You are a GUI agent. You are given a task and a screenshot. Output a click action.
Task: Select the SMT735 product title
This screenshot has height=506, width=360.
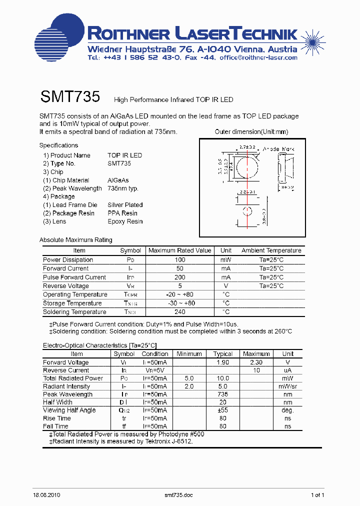[x=70, y=96]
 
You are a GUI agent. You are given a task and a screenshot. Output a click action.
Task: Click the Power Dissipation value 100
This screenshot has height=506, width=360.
[x=180, y=260]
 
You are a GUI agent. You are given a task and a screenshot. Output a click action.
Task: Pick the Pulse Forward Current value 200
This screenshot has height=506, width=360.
[x=180, y=277]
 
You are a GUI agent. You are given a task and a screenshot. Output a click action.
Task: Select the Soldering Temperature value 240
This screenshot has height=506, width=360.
[x=180, y=312]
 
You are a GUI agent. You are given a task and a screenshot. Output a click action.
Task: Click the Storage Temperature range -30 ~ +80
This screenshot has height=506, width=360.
[x=180, y=303]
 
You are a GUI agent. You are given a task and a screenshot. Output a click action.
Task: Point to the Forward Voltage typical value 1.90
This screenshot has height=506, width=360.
[x=223, y=362]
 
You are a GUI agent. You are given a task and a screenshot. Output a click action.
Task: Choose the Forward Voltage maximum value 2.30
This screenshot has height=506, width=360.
[x=256, y=362]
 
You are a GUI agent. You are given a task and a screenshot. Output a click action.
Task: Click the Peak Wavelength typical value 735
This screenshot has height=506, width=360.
[x=223, y=394]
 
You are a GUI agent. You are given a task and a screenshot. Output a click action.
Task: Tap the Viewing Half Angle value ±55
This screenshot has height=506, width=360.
[x=223, y=410]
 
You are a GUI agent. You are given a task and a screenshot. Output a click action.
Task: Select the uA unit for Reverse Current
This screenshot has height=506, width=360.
[x=288, y=370]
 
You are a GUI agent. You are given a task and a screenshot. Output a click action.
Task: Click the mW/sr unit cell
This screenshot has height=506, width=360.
[x=288, y=386]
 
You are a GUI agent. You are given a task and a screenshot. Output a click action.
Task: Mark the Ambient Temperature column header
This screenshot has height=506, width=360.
[x=271, y=250]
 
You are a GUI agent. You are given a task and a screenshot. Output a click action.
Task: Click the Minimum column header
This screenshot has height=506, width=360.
[x=189, y=354]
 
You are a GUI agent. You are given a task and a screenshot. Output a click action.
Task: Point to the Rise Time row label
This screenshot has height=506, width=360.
[x=57, y=418]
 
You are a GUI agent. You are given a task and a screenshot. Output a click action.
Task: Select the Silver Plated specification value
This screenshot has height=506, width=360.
[x=125, y=205]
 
